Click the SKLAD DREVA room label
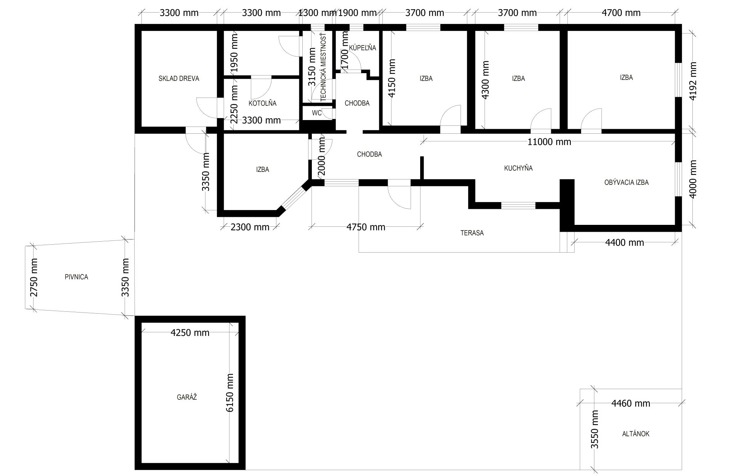click(x=179, y=79)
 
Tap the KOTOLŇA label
click(x=262, y=103)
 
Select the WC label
click(x=316, y=113)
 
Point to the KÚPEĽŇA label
click(x=363, y=48)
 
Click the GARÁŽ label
click(x=187, y=397)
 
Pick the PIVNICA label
click(x=76, y=277)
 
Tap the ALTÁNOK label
click(x=636, y=434)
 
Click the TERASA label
click(x=472, y=233)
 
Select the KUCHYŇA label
click(x=518, y=168)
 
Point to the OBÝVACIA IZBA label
click(x=626, y=183)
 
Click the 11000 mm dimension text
click(x=549, y=142)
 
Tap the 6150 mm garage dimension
click(x=230, y=393)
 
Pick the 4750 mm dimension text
click(x=366, y=228)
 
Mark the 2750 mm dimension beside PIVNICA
click(x=34, y=277)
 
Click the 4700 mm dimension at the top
click(x=621, y=13)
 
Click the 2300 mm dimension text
click(x=250, y=228)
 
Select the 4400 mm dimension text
click(x=624, y=242)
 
